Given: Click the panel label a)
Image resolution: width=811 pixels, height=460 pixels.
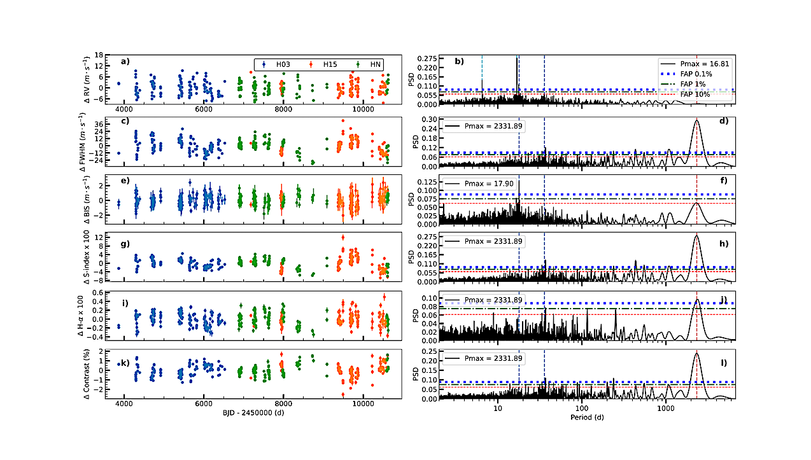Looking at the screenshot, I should tap(125, 62).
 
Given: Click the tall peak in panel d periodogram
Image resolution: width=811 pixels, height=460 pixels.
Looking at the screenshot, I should tap(697, 121).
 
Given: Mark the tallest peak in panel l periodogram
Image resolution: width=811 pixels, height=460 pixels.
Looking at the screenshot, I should tap(697, 354).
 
